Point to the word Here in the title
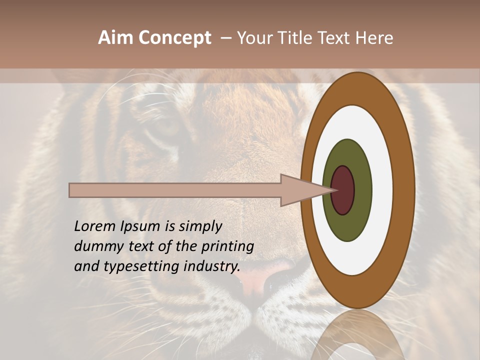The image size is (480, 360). (375, 38)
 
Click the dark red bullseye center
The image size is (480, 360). (343, 190)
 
